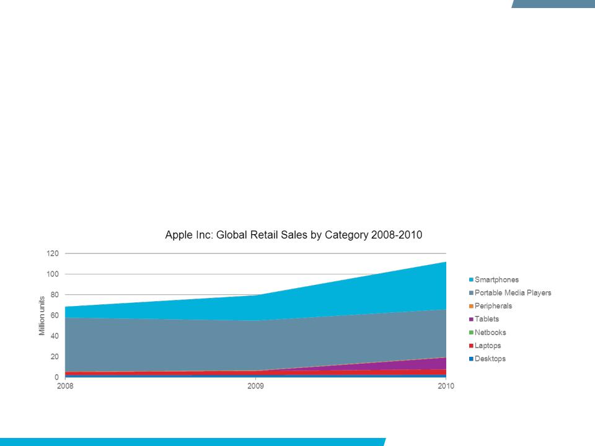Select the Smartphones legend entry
[494, 279]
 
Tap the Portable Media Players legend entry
[510, 293]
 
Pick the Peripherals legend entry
[490, 305]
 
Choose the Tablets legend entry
[484, 319]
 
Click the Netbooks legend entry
[487, 332]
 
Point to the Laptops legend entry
[485, 346]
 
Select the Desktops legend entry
[487, 359]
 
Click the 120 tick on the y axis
[53, 253]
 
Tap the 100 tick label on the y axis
[53, 274]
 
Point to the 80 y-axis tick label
[55, 295]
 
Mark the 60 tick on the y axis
[55, 315]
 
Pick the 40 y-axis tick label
[55, 336]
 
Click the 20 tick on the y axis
[55, 357]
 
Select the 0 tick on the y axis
[56, 377]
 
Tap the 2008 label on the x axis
[65, 386]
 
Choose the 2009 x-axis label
[255, 386]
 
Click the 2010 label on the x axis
[446, 386]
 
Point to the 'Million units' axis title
[42, 315]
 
